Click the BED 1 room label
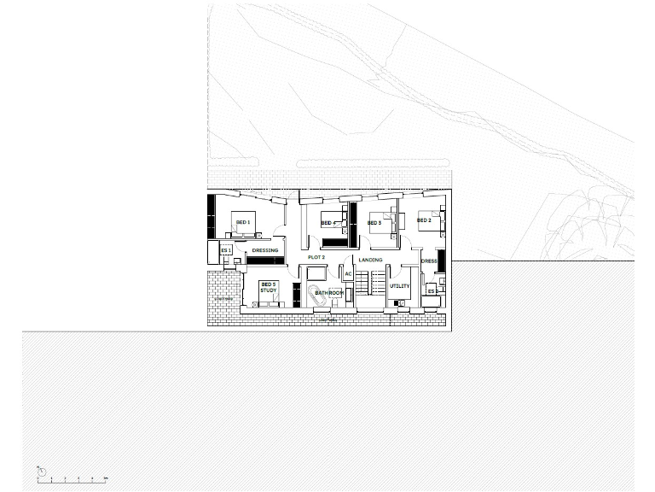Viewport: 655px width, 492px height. (x=243, y=223)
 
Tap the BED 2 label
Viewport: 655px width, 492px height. (x=424, y=220)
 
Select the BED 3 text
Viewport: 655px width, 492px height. (x=374, y=223)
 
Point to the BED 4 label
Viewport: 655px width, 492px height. (x=327, y=224)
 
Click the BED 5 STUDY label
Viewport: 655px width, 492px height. (x=269, y=287)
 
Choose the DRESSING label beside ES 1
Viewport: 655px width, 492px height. (x=265, y=250)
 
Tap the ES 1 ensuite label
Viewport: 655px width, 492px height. (x=226, y=249)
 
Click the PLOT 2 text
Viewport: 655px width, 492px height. (x=316, y=256)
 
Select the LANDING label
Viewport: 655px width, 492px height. (x=370, y=259)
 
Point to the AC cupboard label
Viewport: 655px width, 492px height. (x=348, y=274)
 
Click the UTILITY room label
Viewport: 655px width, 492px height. (x=400, y=287)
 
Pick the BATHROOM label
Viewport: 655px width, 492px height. (x=328, y=293)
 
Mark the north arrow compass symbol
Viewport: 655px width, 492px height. (x=40, y=469)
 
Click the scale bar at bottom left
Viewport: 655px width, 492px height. (x=72, y=477)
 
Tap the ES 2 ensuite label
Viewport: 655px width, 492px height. (x=431, y=291)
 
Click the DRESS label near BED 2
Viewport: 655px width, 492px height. (x=429, y=261)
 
